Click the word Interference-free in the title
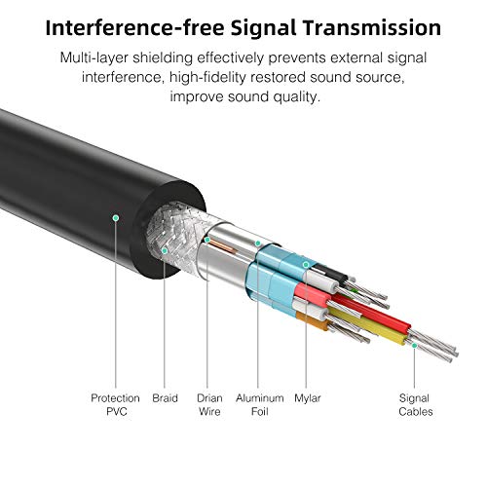(x=134, y=27)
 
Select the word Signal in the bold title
(x=263, y=28)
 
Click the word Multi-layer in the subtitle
(x=94, y=58)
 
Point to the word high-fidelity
(x=207, y=78)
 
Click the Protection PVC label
(x=116, y=405)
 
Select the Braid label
(x=165, y=398)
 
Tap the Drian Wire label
(x=209, y=405)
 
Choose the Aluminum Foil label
(x=260, y=405)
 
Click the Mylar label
(x=308, y=399)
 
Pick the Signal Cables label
(x=415, y=405)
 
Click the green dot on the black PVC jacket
(x=116, y=218)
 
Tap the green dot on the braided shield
(x=165, y=250)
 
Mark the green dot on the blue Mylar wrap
(x=306, y=265)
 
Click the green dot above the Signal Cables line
(x=414, y=346)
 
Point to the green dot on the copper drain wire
(x=207, y=240)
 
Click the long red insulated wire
(x=370, y=311)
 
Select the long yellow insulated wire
(x=367, y=325)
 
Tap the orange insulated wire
(x=313, y=321)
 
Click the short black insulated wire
(x=330, y=272)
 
